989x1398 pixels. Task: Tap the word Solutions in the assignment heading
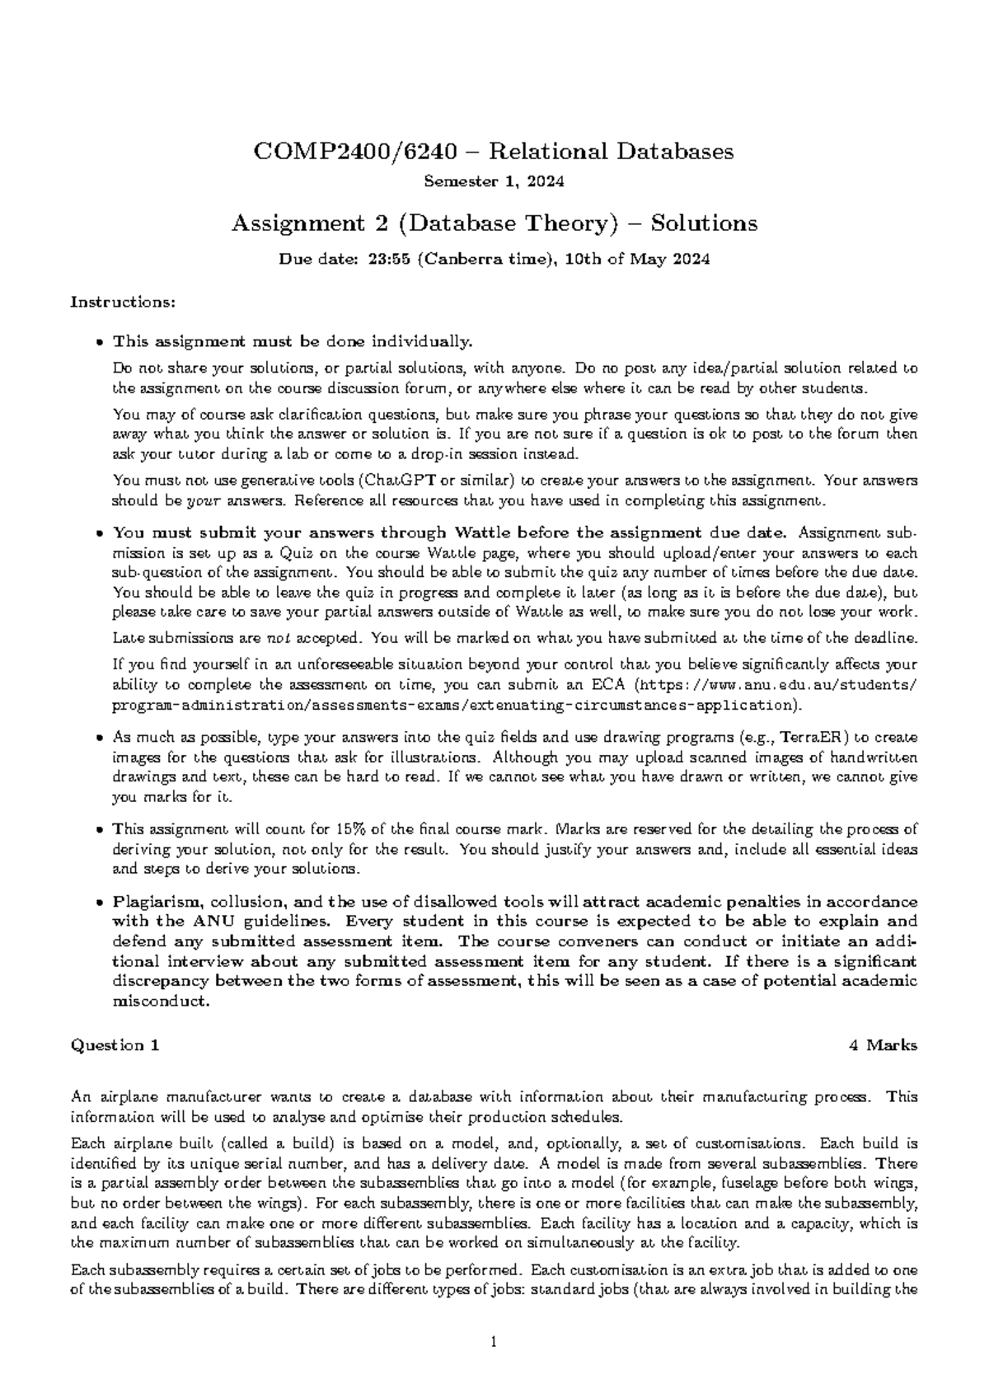(704, 223)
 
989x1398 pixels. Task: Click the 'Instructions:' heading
(123, 302)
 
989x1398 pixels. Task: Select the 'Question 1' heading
(115, 1045)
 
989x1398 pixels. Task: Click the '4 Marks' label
(883, 1045)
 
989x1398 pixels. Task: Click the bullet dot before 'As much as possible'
(100, 738)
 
